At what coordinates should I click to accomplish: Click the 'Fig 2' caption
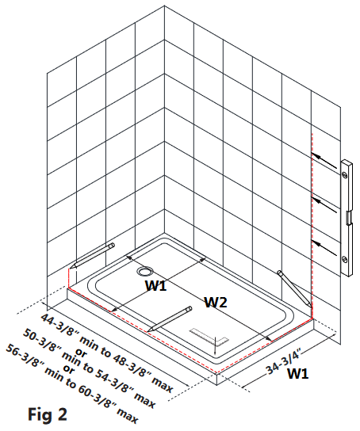coord(48,414)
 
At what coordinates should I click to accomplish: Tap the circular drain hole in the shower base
coord(144,271)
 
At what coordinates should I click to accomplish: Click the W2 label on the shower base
coord(216,303)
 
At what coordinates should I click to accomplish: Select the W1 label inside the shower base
coord(156,285)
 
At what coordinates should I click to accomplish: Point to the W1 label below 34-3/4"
coord(297,373)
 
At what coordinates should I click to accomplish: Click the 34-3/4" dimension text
coord(283,361)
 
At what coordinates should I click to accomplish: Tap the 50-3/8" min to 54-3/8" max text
coord(90,368)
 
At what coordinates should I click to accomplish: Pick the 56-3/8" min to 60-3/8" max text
coord(72,383)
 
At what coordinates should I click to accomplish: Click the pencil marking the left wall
coord(92,256)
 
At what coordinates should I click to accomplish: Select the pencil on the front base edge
coord(170,318)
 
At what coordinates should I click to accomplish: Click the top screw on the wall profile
coord(345,174)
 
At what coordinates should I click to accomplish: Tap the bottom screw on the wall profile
coord(345,259)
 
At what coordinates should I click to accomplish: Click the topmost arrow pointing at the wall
coord(324,160)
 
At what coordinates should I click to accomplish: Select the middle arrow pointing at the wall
coord(324,204)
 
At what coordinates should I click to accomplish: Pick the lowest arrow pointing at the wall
coord(324,248)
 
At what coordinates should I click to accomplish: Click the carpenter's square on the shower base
coord(209,337)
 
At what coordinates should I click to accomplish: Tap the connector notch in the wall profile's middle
coord(348,218)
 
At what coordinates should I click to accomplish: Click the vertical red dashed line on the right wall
coord(312,225)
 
